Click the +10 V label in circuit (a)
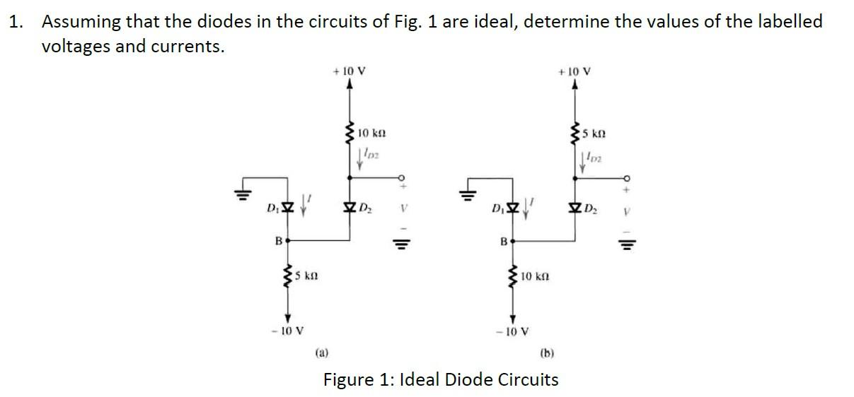[x=349, y=71]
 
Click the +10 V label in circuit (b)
[x=575, y=71]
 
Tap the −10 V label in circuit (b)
[x=515, y=331]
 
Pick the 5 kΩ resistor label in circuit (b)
[x=596, y=133]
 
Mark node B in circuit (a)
[x=287, y=241]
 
